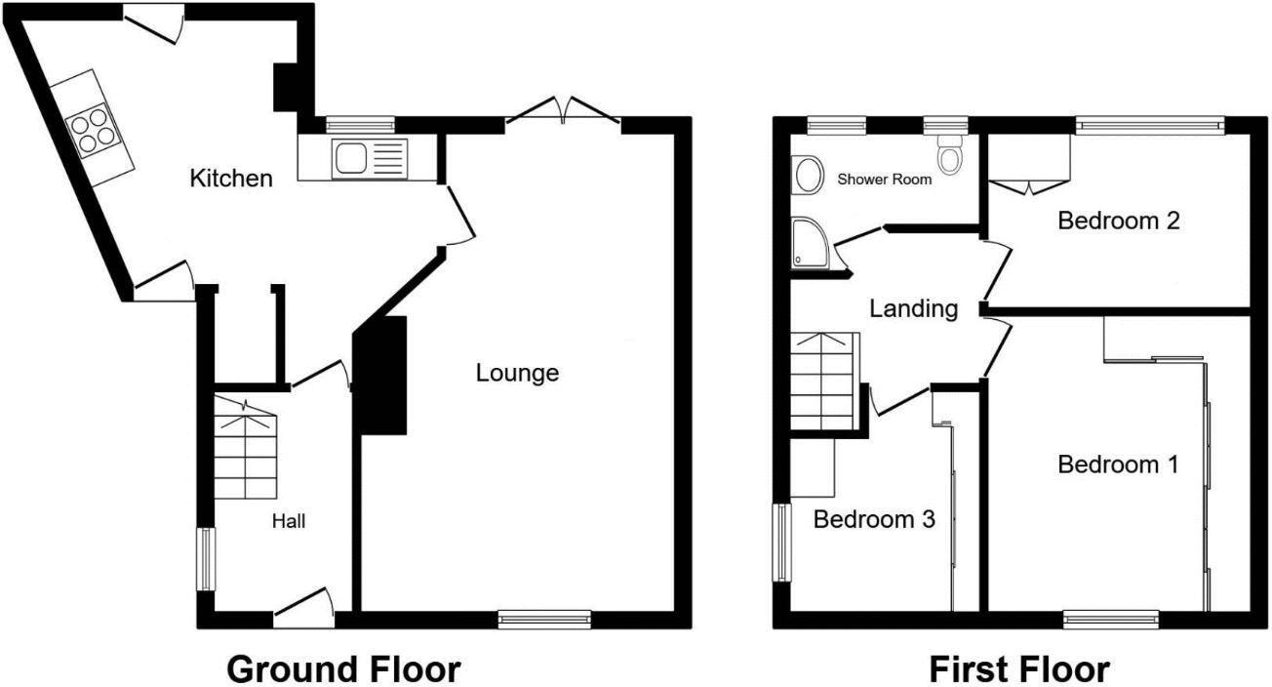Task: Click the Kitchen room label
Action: click(230, 179)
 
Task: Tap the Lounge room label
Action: click(517, 373)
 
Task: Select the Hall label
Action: click(288, 522)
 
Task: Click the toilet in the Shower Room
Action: click(948, 151)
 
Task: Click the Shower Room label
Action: click(885, 180)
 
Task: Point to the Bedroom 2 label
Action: click(1119, 221)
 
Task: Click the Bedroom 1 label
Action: click(1118, 465)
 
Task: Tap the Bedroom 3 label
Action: click(874, 519)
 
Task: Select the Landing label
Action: click(914, 309)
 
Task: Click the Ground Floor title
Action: click(343, 669)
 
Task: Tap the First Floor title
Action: click(1018, 669)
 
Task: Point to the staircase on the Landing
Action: click(824, 381)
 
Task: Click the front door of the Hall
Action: click(304, 607)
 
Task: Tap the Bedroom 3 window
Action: click(781, 543)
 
